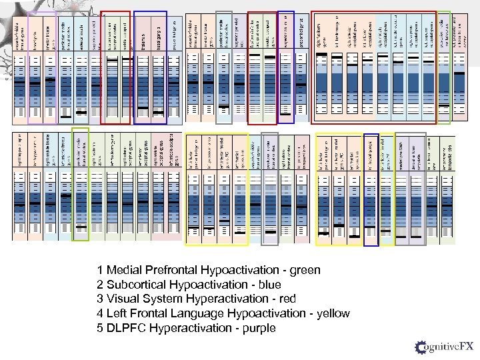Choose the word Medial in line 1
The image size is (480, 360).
pos(122,271)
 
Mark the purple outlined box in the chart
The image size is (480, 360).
pos(41,67)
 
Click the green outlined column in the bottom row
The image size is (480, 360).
pos(80,183)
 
